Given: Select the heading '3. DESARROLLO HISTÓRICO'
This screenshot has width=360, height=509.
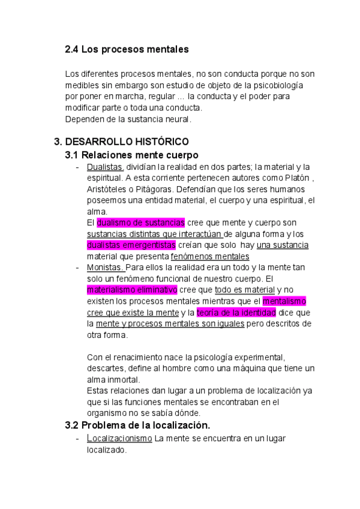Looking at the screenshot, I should [122, 142].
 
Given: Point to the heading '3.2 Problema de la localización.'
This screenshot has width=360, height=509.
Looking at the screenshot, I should [137, 426].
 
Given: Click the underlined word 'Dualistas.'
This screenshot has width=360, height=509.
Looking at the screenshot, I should [105, 167].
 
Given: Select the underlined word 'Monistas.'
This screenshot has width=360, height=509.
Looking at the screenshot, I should [106, 268].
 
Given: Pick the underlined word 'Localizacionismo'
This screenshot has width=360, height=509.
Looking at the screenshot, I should [119, 439].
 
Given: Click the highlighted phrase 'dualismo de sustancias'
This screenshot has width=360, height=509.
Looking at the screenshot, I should [140, 223].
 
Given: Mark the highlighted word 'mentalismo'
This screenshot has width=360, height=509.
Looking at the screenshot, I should [284, 301].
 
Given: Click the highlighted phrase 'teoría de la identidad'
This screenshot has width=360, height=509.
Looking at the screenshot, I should [236, 313].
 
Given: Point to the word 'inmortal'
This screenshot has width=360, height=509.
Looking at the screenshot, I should [122, 380].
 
